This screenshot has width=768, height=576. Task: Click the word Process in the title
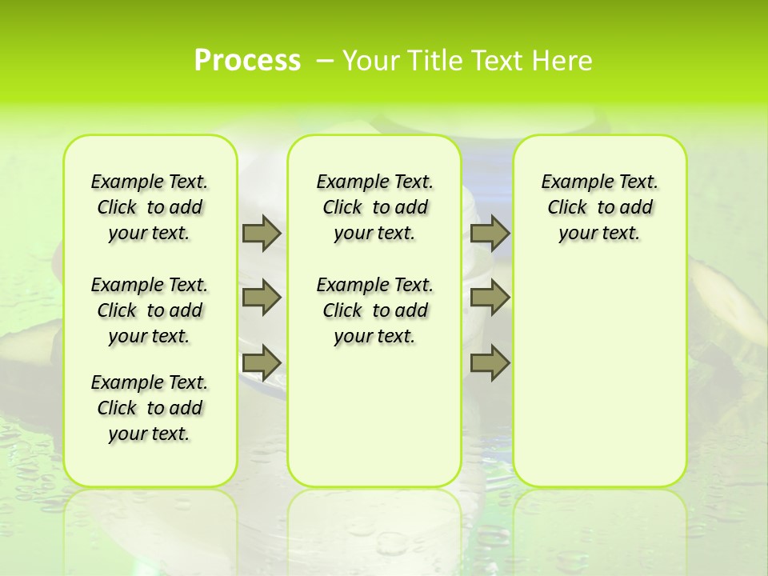tap(247, 61)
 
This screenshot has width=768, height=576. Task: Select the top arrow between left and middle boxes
tap(262, 233)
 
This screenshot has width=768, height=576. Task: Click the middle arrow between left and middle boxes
tap(262, 298)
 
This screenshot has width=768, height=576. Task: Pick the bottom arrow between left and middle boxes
tap(262, 363)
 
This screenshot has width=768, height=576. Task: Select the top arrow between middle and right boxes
tap(490, 233)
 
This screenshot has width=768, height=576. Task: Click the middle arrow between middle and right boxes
tap(490, 298)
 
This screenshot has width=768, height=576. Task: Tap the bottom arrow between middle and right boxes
tap(490, 363)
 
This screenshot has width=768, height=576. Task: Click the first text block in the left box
tap(150, 207)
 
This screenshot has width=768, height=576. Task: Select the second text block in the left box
tap(150, 310)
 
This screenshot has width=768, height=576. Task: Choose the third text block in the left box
tap(150, 408)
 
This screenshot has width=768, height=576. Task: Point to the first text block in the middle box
tap(374, 207)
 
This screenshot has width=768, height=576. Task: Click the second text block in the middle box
tap(374, 310)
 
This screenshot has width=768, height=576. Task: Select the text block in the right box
tap(599, 207)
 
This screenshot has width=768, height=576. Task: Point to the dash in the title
tap(325, 61)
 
